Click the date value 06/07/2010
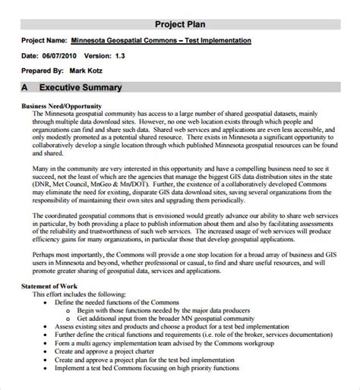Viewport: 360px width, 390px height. [62, 55]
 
